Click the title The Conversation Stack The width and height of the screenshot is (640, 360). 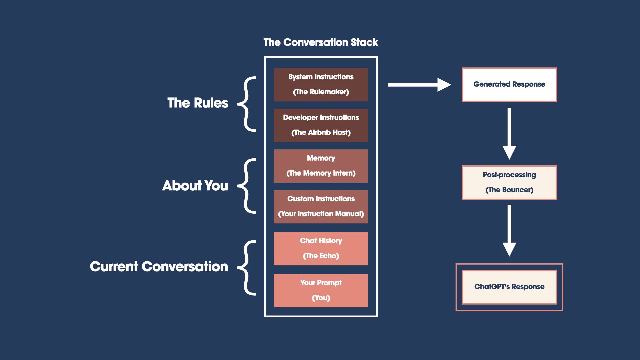click(x=321, y=42)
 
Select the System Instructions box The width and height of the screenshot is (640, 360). click(x=321, y=84)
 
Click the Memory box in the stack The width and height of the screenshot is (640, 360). click(x=321, y=166)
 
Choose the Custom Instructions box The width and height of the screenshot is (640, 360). click(x=321, y=206)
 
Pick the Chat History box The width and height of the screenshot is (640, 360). click(x=321, y=248)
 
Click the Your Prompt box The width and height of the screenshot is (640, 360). click(x=321, y=290)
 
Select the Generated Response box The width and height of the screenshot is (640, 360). click(x=509, y=84)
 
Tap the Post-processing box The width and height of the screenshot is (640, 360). click(x=509, y=182)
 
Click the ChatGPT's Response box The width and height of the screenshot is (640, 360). click(x=509, y=287)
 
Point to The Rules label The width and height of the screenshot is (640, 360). click(x=198, y=103)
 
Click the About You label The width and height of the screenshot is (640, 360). click(x=195, y=186)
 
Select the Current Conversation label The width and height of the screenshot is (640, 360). click(x=159, y=267)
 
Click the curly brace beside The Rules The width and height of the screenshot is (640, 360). click(x=247, y=104)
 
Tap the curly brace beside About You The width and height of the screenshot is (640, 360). click(x=247, y=186)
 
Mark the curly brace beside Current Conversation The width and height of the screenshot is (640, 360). click(x=247, y=267)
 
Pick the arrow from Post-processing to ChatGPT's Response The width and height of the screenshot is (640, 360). click(x=509, y=230)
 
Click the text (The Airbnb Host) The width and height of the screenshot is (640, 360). click(x=321, y=133)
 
